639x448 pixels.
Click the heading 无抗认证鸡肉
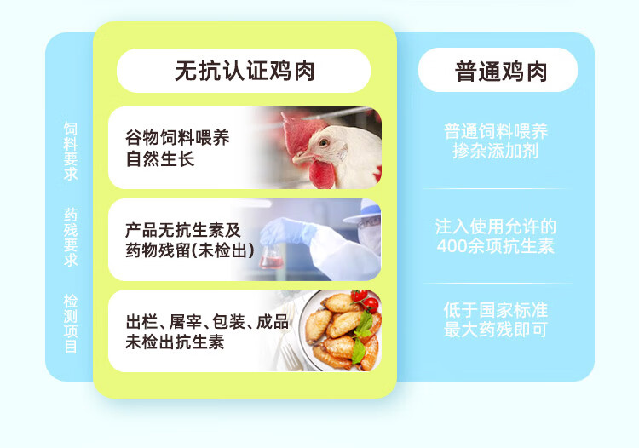point(245,71)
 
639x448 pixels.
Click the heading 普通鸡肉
point(501,72)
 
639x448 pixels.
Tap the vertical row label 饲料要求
point(71,151)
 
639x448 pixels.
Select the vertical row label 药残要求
point(71,237)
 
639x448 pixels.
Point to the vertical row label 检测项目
point(71,324)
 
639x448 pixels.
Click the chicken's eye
point(324,142)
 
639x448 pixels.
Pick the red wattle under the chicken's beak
point(322,175)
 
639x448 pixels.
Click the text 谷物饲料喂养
point(177,138)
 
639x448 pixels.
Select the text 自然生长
point(160,158)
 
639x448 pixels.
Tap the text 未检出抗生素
point(175,342)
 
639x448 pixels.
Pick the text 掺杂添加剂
point(496,151)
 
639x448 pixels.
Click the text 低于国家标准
point(496,310)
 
